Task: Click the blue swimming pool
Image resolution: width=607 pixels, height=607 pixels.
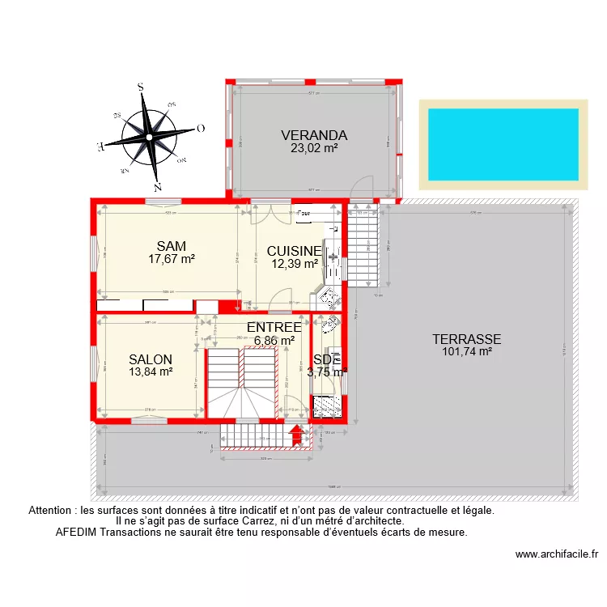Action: click(503, 144)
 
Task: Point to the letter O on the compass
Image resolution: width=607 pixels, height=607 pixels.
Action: click(200, 128)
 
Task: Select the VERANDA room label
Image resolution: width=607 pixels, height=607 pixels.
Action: click(314, 135)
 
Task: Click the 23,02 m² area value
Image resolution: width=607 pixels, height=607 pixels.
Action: click(314, 148)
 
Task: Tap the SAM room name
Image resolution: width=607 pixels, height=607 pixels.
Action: click(172, 246)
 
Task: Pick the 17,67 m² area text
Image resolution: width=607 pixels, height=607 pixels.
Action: click(172, 259)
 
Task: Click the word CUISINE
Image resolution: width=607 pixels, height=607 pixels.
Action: click(294, 252)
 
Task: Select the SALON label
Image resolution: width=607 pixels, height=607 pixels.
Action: click(151, 359)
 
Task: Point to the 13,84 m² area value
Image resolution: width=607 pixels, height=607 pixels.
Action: click(151, 372)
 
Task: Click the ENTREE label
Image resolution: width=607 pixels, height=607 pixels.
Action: click(274, 327)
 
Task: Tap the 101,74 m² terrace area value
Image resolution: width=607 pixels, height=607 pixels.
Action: click(467, 351)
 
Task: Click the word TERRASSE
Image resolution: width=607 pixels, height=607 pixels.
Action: click(466, 339)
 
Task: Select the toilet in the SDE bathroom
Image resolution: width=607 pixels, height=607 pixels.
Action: click(330, 326)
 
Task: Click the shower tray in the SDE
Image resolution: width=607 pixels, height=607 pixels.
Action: click(328, 405)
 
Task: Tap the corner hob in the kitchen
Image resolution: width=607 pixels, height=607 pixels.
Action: click(331, 294)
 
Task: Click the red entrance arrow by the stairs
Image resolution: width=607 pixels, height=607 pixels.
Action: click(296, 435)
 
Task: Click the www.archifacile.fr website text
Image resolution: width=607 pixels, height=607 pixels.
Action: click(558, 554)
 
